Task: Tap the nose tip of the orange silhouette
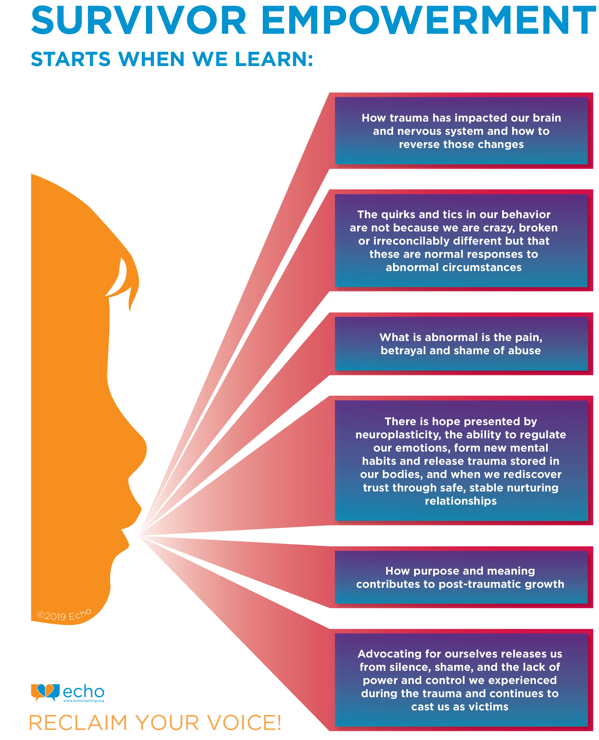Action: click(x=144, y=449)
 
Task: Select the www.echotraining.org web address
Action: click(x=83, y=701)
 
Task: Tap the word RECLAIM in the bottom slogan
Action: click(x=78, y=723)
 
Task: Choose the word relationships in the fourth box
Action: click(x=461, y=501)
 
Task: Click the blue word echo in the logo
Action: click(x=83, y=691)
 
